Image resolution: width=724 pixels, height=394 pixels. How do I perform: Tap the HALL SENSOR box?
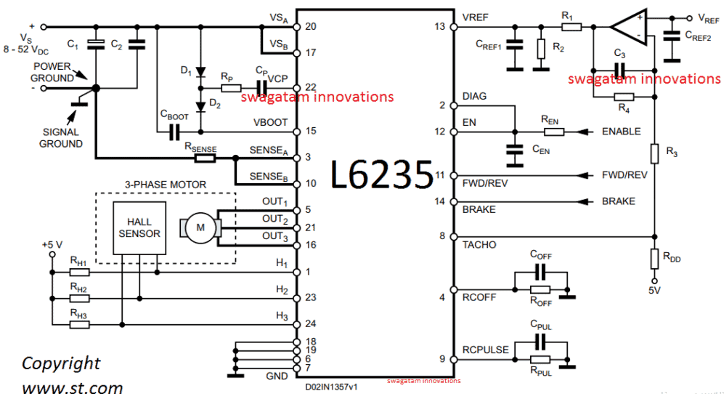[139, 227]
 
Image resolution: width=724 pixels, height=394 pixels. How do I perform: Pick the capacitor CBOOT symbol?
[174, 132]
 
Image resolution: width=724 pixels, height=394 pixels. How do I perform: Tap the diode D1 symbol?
[200, 73]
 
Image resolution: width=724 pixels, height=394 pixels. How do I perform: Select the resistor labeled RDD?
[654, 256]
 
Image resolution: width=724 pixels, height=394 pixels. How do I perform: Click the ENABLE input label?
[621, 132]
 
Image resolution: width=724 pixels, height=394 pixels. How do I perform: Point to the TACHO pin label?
[479, 245]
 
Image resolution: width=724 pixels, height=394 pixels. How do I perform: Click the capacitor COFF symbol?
[540, 272]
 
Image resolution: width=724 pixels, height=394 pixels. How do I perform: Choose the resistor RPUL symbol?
[540, 360]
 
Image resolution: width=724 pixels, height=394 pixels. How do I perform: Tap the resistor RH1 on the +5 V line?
[78, 273]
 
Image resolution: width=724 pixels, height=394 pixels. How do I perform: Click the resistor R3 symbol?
[654, 153]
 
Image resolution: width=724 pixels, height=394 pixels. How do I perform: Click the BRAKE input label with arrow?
[618, 201]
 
